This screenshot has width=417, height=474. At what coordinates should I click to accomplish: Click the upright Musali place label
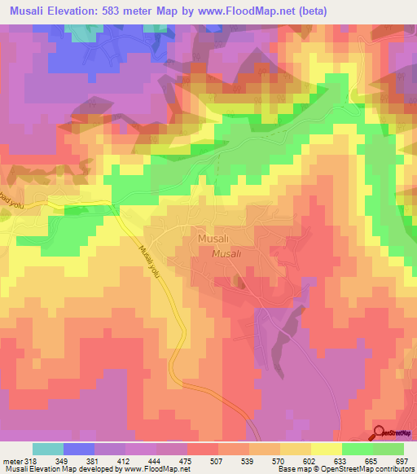212,239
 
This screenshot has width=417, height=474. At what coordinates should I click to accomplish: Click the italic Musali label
226,254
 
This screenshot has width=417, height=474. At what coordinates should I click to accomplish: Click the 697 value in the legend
400,460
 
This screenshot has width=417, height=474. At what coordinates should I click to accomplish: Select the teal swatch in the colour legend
48,449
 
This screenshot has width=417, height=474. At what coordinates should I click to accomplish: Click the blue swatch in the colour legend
79,449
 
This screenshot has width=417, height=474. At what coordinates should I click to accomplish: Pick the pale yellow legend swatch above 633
327,449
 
